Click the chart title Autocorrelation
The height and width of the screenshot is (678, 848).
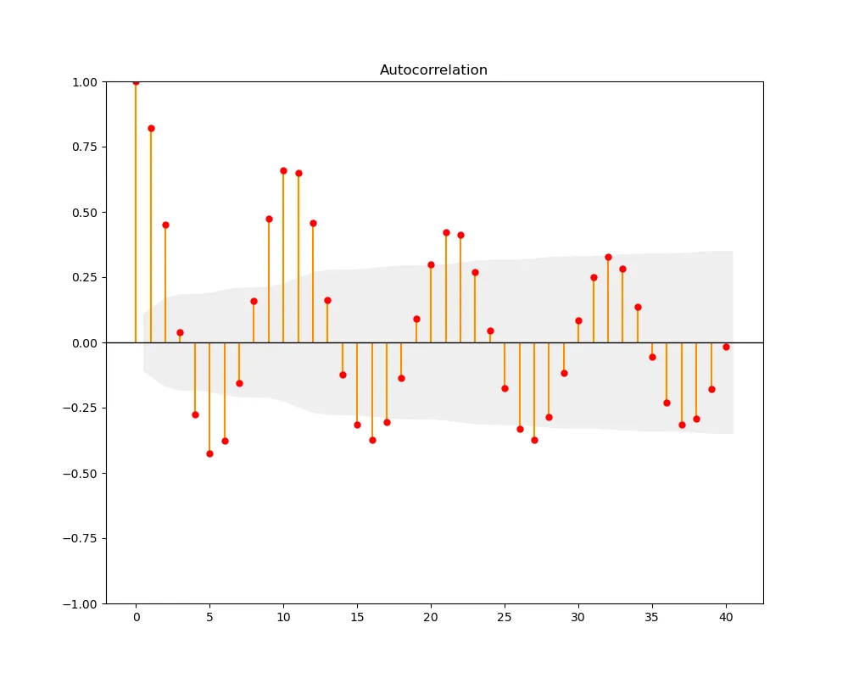coord(433,70)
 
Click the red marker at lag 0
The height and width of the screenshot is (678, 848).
coord(136,81)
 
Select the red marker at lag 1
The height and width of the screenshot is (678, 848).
coord(151,128)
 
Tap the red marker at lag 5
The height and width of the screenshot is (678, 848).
coord(209,453)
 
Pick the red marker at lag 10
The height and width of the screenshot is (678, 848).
coord(283,170)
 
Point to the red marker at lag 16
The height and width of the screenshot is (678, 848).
coord(372,440)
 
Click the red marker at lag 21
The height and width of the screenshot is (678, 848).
coord(446,232)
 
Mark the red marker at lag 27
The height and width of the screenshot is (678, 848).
coord(534,440)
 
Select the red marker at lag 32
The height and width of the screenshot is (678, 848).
coord(608,257)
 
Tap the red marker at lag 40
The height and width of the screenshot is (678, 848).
coord(726,347)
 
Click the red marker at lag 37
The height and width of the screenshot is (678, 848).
coord(682,425)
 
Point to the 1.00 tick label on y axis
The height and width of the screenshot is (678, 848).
coord(86,82)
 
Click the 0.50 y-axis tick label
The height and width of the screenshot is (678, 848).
coord(86,213)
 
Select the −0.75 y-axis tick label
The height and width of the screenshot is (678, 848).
coord(81,538)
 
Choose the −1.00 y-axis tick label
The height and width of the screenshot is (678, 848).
coord(81,603)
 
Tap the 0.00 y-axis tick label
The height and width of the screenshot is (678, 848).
coord(86,343)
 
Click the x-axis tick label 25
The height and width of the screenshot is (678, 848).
coord(505,618)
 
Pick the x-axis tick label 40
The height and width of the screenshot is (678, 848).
coord(726,618)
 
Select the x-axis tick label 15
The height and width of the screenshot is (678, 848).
coord(357,618)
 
